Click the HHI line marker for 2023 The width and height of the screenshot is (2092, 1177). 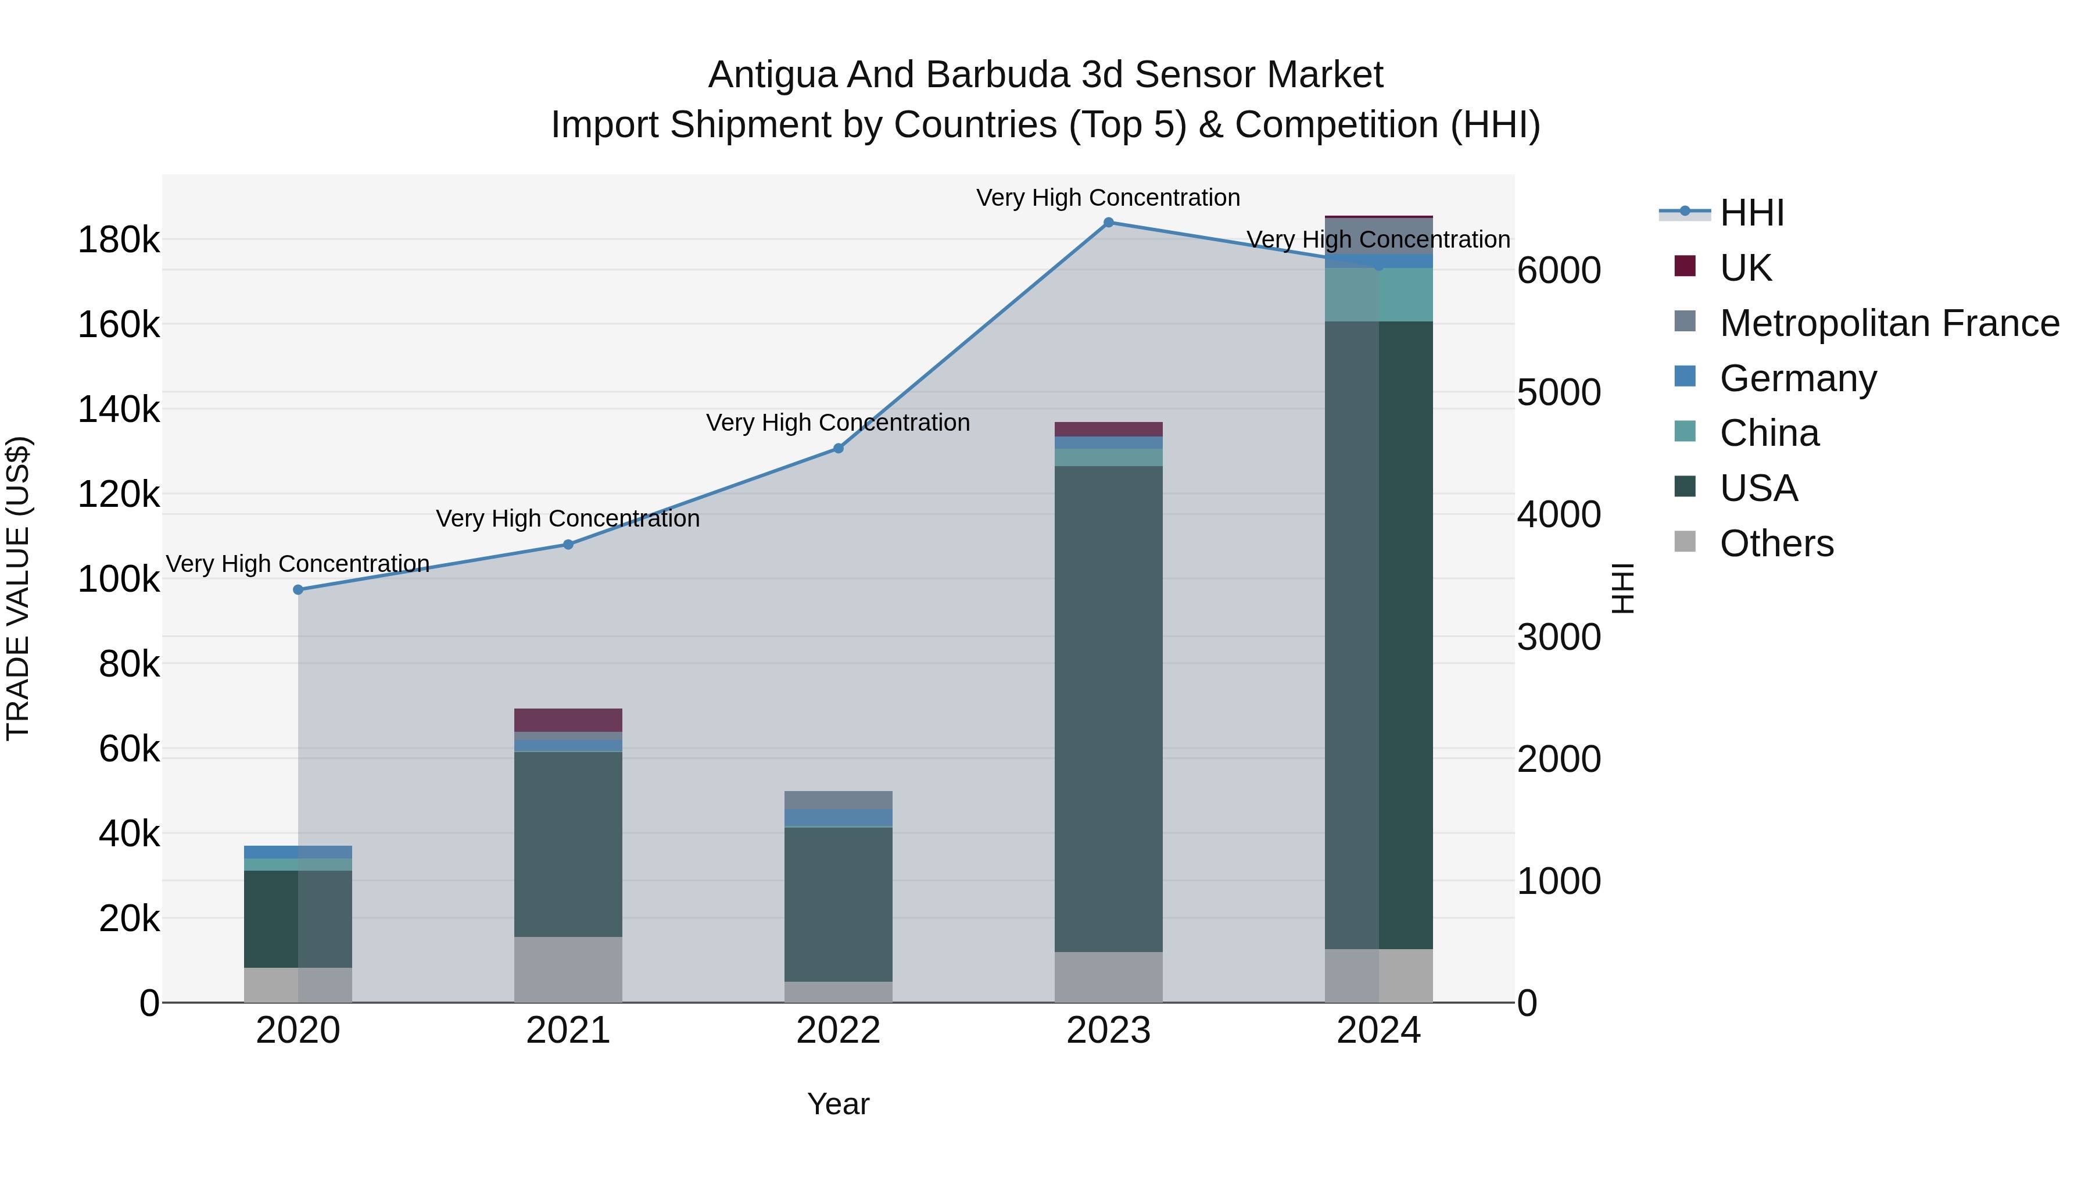1109,223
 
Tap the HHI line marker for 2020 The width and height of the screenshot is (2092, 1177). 298,590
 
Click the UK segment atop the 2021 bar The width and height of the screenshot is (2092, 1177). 568,720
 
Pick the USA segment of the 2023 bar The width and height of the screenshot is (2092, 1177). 1109,709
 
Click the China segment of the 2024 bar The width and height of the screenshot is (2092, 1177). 1378,295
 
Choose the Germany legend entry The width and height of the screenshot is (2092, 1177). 1797,378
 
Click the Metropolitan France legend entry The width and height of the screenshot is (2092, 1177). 1889,323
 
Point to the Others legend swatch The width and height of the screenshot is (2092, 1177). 1685,542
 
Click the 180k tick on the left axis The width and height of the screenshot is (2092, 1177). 119,241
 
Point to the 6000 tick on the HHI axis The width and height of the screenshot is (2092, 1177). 1559,270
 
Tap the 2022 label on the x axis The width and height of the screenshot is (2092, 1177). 838,1031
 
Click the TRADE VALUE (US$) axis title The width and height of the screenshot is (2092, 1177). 19,588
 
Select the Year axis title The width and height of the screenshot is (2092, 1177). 838,1104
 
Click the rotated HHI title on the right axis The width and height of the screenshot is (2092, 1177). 1622,588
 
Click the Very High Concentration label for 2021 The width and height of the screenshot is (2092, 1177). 568,518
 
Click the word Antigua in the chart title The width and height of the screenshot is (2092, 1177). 772,76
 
